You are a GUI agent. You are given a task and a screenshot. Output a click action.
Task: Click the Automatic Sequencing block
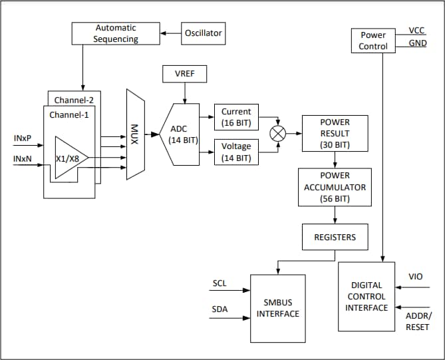coord(116,33)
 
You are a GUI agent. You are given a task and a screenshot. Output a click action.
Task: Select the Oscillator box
coord(202,33)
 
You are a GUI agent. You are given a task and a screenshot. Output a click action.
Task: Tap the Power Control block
coord(372,41)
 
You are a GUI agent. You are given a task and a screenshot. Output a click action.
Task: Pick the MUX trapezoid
coord(135,134)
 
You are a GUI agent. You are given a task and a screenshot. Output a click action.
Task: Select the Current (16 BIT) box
coord(236,117)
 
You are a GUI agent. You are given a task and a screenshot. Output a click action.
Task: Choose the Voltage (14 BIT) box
coord(236,152)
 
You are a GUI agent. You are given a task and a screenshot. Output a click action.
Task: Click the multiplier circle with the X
coord(277,134)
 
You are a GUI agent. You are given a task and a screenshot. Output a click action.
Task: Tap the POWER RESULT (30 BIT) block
coord(335,134)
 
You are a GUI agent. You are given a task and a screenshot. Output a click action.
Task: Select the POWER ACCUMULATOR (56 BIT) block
coord(335,187)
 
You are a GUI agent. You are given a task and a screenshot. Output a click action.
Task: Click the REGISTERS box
coord(335,237)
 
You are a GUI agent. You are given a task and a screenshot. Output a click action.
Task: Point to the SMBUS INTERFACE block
coord(277,308)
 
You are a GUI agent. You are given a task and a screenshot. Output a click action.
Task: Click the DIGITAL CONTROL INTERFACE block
coord(367,297)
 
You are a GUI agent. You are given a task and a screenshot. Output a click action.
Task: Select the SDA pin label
coord(220,309)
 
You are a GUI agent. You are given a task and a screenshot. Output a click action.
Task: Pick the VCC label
coord(417,31)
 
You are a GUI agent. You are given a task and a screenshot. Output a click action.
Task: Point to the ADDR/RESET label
coord(417,322)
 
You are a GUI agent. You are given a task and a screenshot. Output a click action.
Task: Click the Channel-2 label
coord(74,100)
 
